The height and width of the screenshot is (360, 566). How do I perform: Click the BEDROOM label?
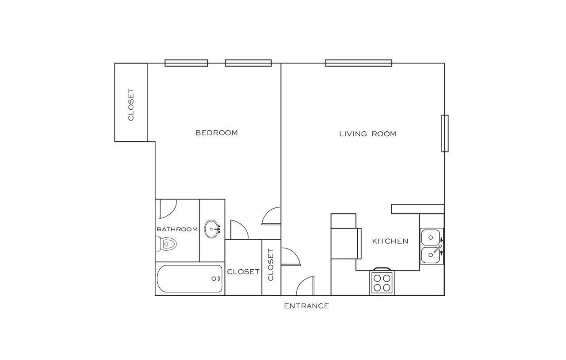[216, 133]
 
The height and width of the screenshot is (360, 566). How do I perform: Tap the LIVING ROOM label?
[367, 134]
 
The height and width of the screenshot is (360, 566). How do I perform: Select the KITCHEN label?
[390, 241]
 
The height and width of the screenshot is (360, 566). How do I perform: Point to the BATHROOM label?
[177, 229]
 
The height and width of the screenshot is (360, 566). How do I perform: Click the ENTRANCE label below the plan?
[306, 306]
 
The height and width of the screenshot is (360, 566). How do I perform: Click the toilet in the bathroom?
[166, 243]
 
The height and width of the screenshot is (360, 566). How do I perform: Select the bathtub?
[190, 279]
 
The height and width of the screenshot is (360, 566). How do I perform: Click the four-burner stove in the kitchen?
[382, 282]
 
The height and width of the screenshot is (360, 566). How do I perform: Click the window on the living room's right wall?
[444, 133]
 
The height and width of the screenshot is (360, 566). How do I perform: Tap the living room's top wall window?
[358, 63]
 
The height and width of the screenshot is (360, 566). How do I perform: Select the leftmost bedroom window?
[186, 63]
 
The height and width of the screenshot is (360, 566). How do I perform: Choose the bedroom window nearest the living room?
[248, 63]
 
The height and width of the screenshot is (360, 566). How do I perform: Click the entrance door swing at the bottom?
[306, 287]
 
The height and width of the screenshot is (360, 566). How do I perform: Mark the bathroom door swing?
[167, 208]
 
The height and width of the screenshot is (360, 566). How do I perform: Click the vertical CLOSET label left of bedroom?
[131, 105]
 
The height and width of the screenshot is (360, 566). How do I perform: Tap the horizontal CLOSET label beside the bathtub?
[243, 272]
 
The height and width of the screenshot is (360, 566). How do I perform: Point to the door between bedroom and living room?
[272, 217]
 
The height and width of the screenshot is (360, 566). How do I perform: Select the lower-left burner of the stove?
[377, 287]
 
